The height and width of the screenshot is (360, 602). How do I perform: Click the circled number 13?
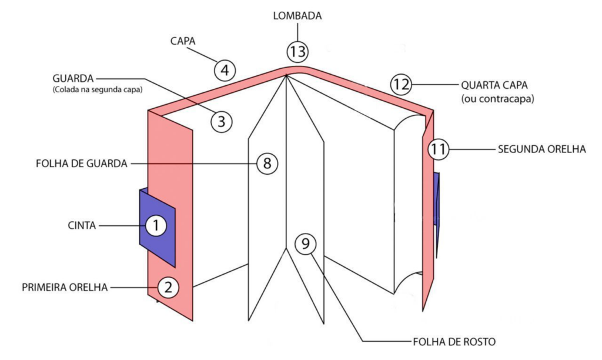pyautogui.click(x=297, y=51)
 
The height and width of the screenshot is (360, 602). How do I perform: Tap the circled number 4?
pyautogui.click(x=225, y=71)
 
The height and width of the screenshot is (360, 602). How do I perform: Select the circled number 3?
pyautogui.click(x=222, y=122)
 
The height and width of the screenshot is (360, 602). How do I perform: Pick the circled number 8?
pyautogui.click(x=267, y=164)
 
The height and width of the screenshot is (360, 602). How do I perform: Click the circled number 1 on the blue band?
pyautogui.click(x=156, y=225)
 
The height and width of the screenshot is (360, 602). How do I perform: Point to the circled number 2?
pyautogui.click(x=168, y=287)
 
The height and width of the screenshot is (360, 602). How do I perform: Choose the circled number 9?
pyautogui.click(x=305, y=243)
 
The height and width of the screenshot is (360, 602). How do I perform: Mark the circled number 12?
pyautogui.click(x=401, y=84)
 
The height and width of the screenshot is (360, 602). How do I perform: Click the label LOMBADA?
pyautogui.click(x=297, y=16)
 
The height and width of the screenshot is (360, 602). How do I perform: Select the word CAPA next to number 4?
pyautogui.click(x=183, y=42)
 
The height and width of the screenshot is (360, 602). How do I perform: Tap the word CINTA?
pyautogui.click(x=82, y=225)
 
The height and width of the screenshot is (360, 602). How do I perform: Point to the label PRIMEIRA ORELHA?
pyautogui.click(x=65, y=288)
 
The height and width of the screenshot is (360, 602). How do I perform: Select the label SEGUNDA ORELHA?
pyautogui.click(x=541, y=149)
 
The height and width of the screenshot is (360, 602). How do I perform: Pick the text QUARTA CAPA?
pyautogui.click(x=497, y=84)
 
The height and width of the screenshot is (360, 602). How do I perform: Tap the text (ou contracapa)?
pyautogui.click(x=497, y=99)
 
